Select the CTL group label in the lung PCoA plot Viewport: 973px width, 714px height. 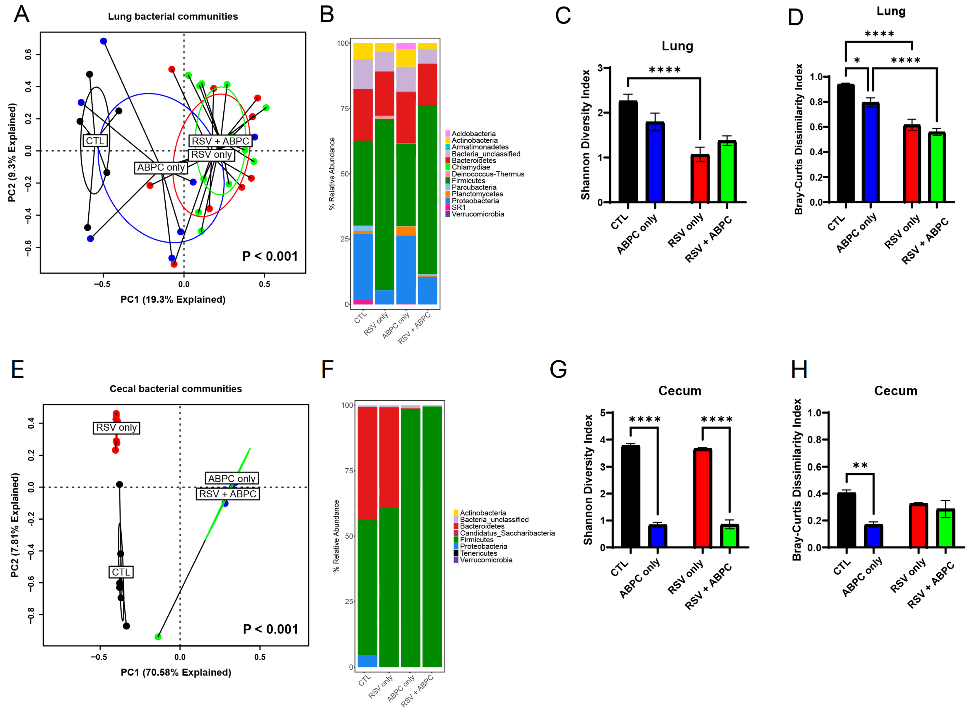[95, 141]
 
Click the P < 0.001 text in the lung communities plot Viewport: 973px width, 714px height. [270, 256]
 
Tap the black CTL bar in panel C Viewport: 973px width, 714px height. [628, 151]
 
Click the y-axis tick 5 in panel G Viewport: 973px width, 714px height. [603, 413]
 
